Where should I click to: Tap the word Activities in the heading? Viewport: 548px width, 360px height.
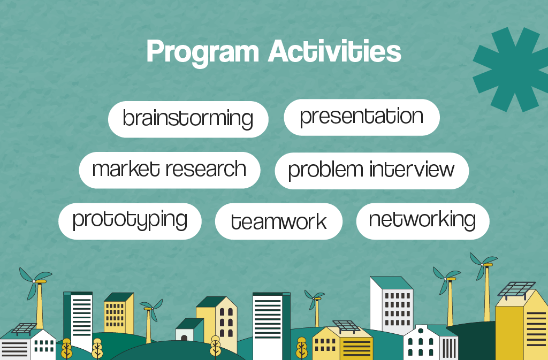(334, 51)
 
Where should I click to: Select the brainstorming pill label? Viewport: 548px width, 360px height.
(188, 119)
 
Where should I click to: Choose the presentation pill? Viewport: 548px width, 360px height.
(362, 117)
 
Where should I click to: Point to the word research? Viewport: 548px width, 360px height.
(206, 170)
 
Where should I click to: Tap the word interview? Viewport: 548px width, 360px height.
(412, 170)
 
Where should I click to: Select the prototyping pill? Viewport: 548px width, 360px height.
(130, 221)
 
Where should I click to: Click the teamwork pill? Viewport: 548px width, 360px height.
(278, 221)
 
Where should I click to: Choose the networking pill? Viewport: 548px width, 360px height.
(423, 221)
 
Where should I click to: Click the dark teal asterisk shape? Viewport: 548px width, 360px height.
(511, 69)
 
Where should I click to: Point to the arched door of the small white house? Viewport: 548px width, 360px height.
(184, 338)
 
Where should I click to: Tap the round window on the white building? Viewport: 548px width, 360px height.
(421, 331)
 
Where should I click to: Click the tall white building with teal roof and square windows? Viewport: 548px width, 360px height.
(392, 305)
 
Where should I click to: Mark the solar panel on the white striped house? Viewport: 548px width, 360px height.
(24, 328)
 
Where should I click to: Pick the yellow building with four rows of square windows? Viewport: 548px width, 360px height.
(119, 313)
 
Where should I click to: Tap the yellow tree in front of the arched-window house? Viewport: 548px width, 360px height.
(215, 346)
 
